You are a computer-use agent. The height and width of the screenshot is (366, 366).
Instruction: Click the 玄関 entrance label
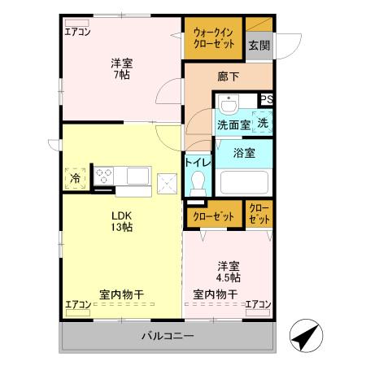(x=259, y=46)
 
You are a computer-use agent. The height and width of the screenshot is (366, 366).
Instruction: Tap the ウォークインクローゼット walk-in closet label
(x=213, y=39)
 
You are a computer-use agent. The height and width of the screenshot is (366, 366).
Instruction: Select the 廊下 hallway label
(x=228, y=76)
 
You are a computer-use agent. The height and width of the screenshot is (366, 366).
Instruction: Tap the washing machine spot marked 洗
(x=263, y=123)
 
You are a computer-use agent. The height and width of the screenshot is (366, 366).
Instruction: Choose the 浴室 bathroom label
(x=244, y=152)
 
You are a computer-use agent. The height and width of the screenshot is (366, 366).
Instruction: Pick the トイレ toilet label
(x=198, y=163)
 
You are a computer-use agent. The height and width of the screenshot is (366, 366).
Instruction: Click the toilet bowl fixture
(x=198, y=186)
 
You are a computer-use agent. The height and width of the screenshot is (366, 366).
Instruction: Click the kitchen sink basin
(x=135, y=174)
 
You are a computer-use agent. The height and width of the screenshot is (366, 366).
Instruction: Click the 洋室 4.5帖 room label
(x=229, y=272)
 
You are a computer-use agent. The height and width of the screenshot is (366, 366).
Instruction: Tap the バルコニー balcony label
(x=167, y=335)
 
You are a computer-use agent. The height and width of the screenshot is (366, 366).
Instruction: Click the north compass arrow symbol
(x=303, y=336)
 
